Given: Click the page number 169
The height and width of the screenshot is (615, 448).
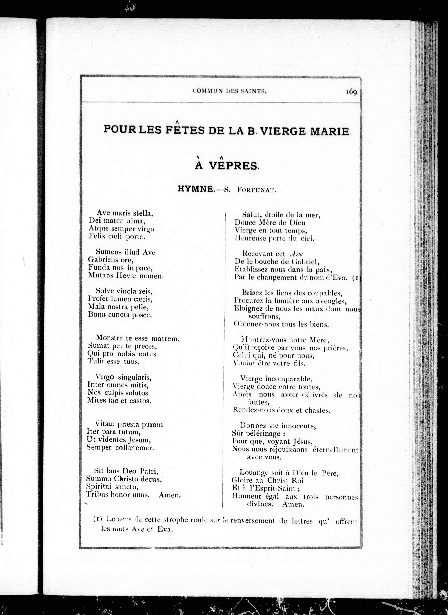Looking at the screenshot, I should (351, 92).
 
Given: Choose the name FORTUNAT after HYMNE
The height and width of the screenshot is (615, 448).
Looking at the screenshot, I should (256, 190).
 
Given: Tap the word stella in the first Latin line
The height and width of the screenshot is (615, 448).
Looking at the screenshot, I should (143, 213).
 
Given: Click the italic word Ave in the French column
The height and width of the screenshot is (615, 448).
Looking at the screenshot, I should (296, 254).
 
